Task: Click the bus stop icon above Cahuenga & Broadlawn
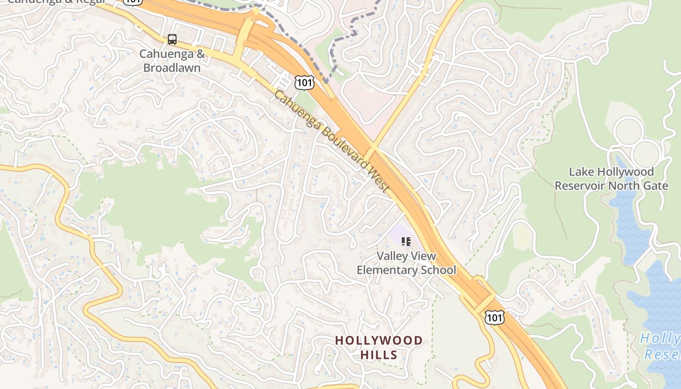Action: pyautogui.click(x=172, y=39)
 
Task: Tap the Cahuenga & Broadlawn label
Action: pyautogui.click(x=172, y=61)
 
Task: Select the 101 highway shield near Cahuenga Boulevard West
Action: pyautogui.click(x=304, y=82)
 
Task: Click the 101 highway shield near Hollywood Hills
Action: pyautogui.click(x=494, y=318)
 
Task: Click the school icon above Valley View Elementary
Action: pyautogui.click(x=406, y=241)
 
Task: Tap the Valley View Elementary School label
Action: pyautogui.click(x=406, y=263)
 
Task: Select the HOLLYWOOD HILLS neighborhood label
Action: pyautogui.click(x=379, y=348)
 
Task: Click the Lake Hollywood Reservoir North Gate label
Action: pyautogui.click(x=611, y=178)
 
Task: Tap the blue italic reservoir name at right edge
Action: pyautogui.click(x=661, y=346)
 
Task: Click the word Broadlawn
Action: pyautogui.click(x=172, y=68)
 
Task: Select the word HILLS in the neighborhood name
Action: pyautogui.click(x=379, y=355)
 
